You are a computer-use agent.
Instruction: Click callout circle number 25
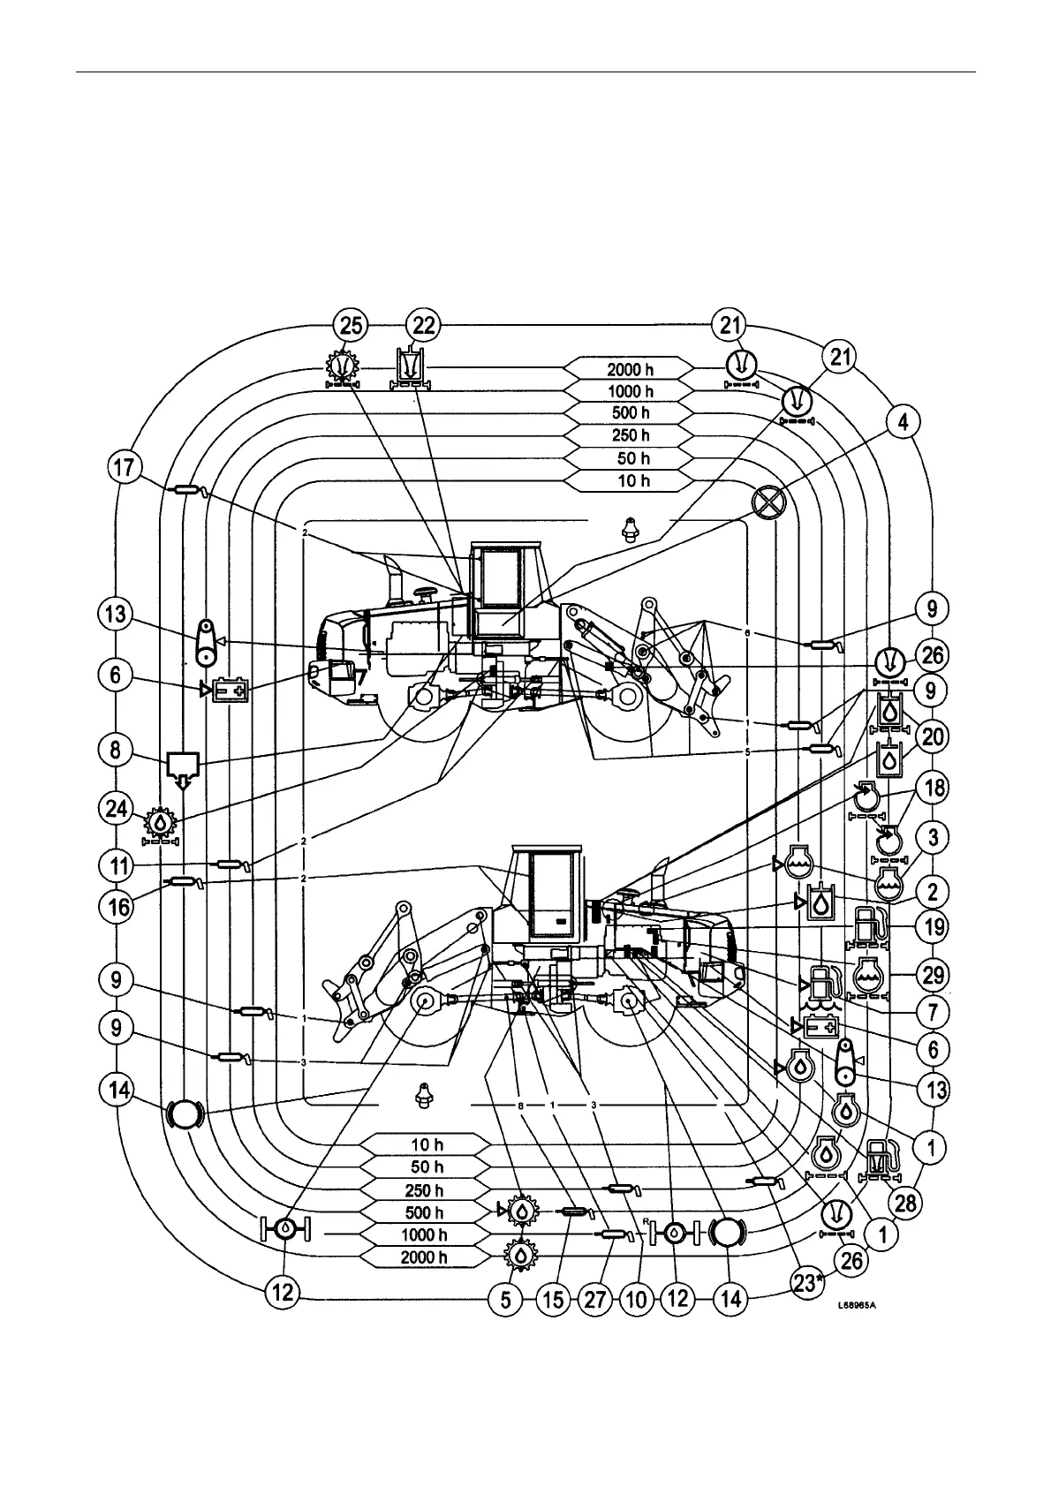point(352,325)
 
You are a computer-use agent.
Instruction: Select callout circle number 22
point(424,325)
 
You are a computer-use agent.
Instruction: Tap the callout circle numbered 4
point(902,423)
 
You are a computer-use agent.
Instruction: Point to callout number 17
point(125,467)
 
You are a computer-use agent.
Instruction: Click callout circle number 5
point(506,1299)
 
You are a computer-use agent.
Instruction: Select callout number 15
point(555,1299)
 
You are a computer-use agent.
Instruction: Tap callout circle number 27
point(595,1299)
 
